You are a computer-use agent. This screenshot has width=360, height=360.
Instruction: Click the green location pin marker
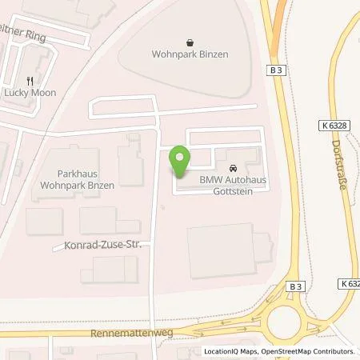(x=180, y=162)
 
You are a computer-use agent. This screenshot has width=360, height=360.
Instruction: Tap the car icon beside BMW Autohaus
(x=232, y=169)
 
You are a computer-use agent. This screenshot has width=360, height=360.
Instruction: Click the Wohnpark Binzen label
(x=189, y=55)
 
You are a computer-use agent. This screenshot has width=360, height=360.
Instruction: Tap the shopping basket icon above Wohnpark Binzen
(x=189, y=43)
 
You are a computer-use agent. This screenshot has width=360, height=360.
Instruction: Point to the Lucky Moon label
(x=30, y=92)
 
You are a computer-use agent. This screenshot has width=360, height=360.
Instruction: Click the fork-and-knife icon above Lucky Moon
(x=30, y=81)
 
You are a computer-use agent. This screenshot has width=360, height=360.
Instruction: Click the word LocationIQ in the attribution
(x=220, y=351)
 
